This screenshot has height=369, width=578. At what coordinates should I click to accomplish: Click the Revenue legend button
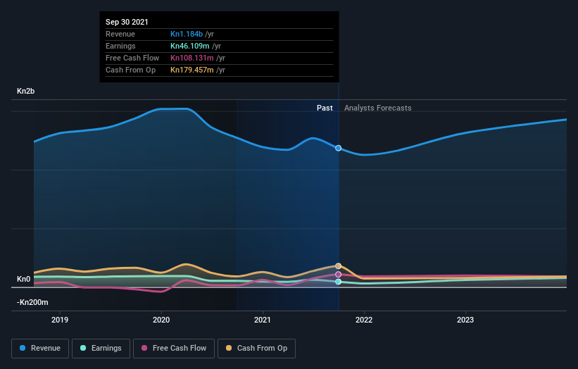(x=41, y=348)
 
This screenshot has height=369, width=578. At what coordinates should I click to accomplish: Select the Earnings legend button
(x=101, y=348)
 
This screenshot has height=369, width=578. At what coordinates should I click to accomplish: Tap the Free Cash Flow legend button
(x=173, y=348)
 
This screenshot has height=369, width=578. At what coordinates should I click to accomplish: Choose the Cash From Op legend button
(x=256, y=348)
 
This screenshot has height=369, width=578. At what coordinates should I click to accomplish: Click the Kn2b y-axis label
(x=27, y=92)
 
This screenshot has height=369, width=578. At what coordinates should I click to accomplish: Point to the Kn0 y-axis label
(x=24, y=280)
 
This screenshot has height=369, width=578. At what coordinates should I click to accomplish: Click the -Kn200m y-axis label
(x=32, y=302)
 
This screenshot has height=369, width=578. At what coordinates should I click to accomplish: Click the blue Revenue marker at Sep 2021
(x=339, y=148)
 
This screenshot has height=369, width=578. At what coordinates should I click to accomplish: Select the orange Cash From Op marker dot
(x=339, y=266)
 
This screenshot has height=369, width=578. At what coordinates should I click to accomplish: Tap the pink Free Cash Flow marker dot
(x=339, y=275)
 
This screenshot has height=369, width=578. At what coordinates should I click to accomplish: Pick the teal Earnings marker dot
(x=339, y=282)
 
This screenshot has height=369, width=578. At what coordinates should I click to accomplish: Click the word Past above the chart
(x=325, y=108)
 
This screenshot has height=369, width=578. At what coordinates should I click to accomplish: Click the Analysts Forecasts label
(x=377, y=108)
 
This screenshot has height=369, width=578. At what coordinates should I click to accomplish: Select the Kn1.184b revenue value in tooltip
(x=187, y=34)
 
